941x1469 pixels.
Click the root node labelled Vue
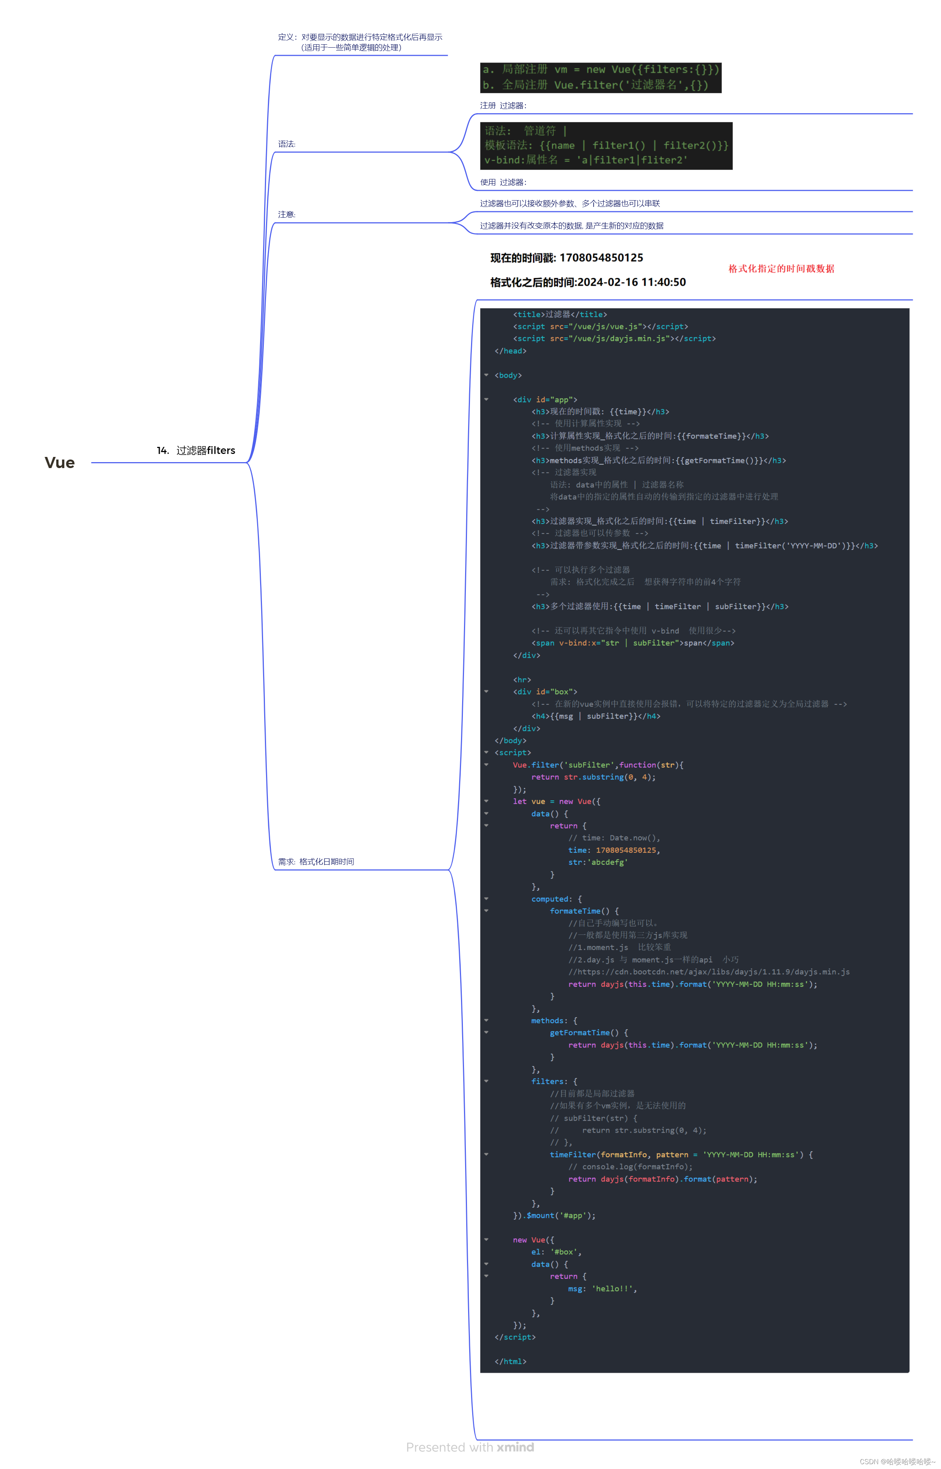click(x=59, y=463)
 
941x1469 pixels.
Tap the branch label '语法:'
click(x=287, y=144)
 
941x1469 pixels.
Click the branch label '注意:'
click(x=287, y=214)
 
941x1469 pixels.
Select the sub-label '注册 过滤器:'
click(x=503, y=106)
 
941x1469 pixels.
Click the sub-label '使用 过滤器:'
click(x=503, y=182)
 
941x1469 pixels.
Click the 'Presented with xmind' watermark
click(x=470, y=1447)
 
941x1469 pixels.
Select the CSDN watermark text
click(x=896, y=1461)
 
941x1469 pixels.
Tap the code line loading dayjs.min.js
click(x=614, y=339)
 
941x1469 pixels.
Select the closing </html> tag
click(x=510, y=1361)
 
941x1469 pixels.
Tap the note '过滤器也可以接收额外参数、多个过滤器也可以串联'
click(x=570, y=204)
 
